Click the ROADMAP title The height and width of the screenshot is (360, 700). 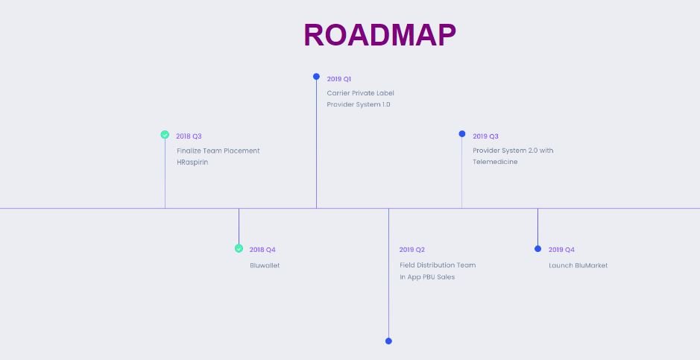coord(380,35)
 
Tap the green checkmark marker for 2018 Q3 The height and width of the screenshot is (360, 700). coord(165,135)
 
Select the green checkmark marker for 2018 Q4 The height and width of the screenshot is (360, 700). coord(239,248)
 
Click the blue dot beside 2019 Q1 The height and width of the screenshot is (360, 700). coord(316,77)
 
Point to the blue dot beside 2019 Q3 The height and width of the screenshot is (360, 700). coord(462,134)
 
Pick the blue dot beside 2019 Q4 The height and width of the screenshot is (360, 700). coord(537,248)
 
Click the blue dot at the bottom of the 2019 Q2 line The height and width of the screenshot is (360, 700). coord(388,341)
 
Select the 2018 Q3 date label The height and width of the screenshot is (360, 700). coord(189,136)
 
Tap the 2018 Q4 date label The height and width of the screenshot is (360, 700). coord(262,250)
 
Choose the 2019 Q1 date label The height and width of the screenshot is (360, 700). coord(339,79)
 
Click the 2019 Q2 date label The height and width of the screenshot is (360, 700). coord(412,250)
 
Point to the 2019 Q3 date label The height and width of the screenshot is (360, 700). coord(486,136)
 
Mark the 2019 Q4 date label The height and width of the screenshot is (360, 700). coord(561,250)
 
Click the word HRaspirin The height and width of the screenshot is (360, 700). coord(192,162)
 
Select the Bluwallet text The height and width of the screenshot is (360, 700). coord(265,265)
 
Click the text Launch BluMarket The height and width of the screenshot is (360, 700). coord(578,265)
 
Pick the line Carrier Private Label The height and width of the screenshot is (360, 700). coord(360,93)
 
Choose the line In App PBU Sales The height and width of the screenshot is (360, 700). coord(427,277)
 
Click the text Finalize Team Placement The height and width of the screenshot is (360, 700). coord(218,151)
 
